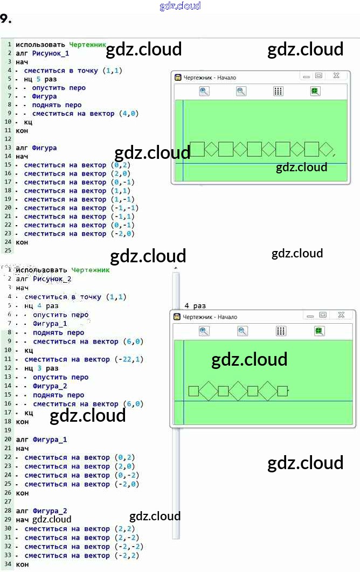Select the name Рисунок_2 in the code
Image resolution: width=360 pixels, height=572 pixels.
pyautogui.click(x=52, y=279)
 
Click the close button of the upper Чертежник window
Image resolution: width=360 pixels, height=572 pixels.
pyautogui.click(x=336, y=76)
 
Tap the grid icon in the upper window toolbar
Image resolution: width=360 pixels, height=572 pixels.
pyautogui.click(x=278, y=91)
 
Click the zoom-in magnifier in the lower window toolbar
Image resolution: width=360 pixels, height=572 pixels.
pyautogui.click(x=204, y=331)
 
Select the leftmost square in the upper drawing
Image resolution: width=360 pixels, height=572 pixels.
pyautogui.click(x=197, y=149)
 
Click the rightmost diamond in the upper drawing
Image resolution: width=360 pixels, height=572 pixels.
pyautogui.click(x=327, y=149)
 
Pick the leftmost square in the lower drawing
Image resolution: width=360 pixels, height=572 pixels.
pyautogui.click(x=194, y=391)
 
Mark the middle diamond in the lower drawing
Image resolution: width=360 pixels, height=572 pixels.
pyautogui.click(x=238, y=391)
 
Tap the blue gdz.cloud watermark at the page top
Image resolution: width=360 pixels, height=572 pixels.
pyautogui.click(x=180, y=6)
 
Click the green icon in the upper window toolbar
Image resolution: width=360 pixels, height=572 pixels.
pyautogui.click(x=315, y=91)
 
